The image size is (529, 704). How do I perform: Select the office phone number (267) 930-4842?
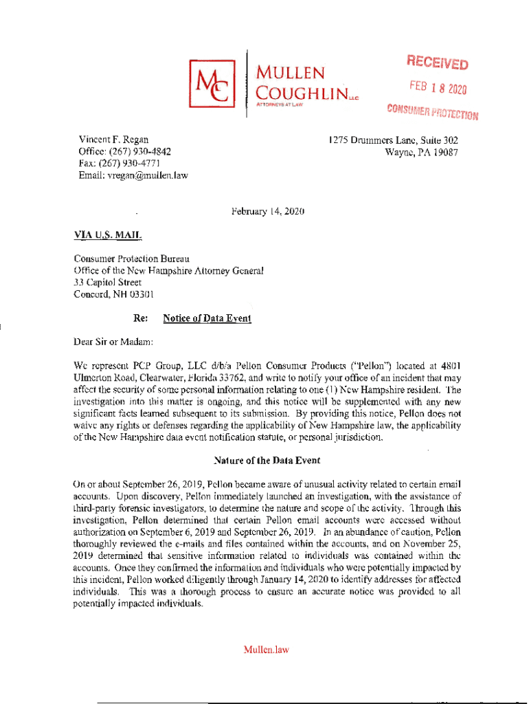point(146,152)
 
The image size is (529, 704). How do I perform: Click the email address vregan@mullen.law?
point(146,175)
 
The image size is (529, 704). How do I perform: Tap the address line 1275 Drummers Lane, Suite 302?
point(393,140)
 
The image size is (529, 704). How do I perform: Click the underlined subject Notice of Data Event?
point(207,318)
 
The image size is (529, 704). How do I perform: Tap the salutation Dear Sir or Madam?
point(115,342)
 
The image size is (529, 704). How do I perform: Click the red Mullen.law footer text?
point(266,649)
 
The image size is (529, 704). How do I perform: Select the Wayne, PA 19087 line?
point(421,152)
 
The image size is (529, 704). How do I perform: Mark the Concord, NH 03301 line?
point(114,294)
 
